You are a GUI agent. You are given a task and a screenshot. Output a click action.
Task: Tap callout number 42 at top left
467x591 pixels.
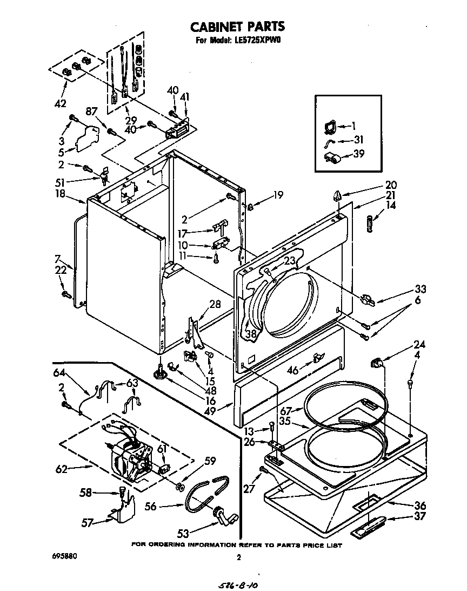point(61,103)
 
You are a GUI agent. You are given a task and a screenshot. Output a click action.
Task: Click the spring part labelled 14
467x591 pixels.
point(371,223)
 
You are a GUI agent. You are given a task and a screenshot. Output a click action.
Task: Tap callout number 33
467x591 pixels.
point(405,290)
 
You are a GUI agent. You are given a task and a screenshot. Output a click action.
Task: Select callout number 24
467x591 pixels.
point(419,345)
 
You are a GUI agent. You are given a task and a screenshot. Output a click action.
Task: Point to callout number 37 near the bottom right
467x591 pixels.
point(419,516)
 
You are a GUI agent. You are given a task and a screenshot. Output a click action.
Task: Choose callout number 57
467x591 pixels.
point(88,522)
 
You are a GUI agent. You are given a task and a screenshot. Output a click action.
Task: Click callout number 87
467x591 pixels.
point(91,111)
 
